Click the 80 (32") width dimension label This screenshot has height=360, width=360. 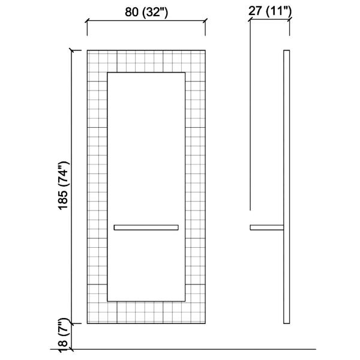pos(146,12)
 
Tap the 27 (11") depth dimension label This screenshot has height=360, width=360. pos(270,11)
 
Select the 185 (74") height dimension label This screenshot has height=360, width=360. pos(64,185)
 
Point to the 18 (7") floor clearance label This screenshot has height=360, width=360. pos(64,335)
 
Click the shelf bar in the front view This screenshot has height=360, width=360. pos(146,227)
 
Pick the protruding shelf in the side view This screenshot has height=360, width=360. pos(267,227)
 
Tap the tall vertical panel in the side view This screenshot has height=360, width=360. pos(287,187)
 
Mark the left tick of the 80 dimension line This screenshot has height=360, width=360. pos(87,21)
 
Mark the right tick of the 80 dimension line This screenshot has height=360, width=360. pos(205,21)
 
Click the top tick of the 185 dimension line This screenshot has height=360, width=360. pos(71,50)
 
